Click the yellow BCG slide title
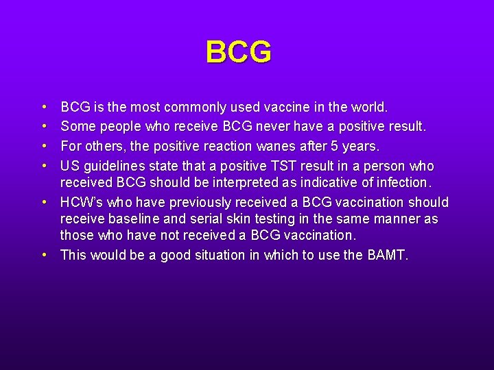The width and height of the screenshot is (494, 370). point(238,52)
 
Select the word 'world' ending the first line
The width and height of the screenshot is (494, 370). point(368,108)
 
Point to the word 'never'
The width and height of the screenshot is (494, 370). point(272,127)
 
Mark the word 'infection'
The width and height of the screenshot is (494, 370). point(400,182)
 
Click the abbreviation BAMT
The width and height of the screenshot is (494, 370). point(388,255)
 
